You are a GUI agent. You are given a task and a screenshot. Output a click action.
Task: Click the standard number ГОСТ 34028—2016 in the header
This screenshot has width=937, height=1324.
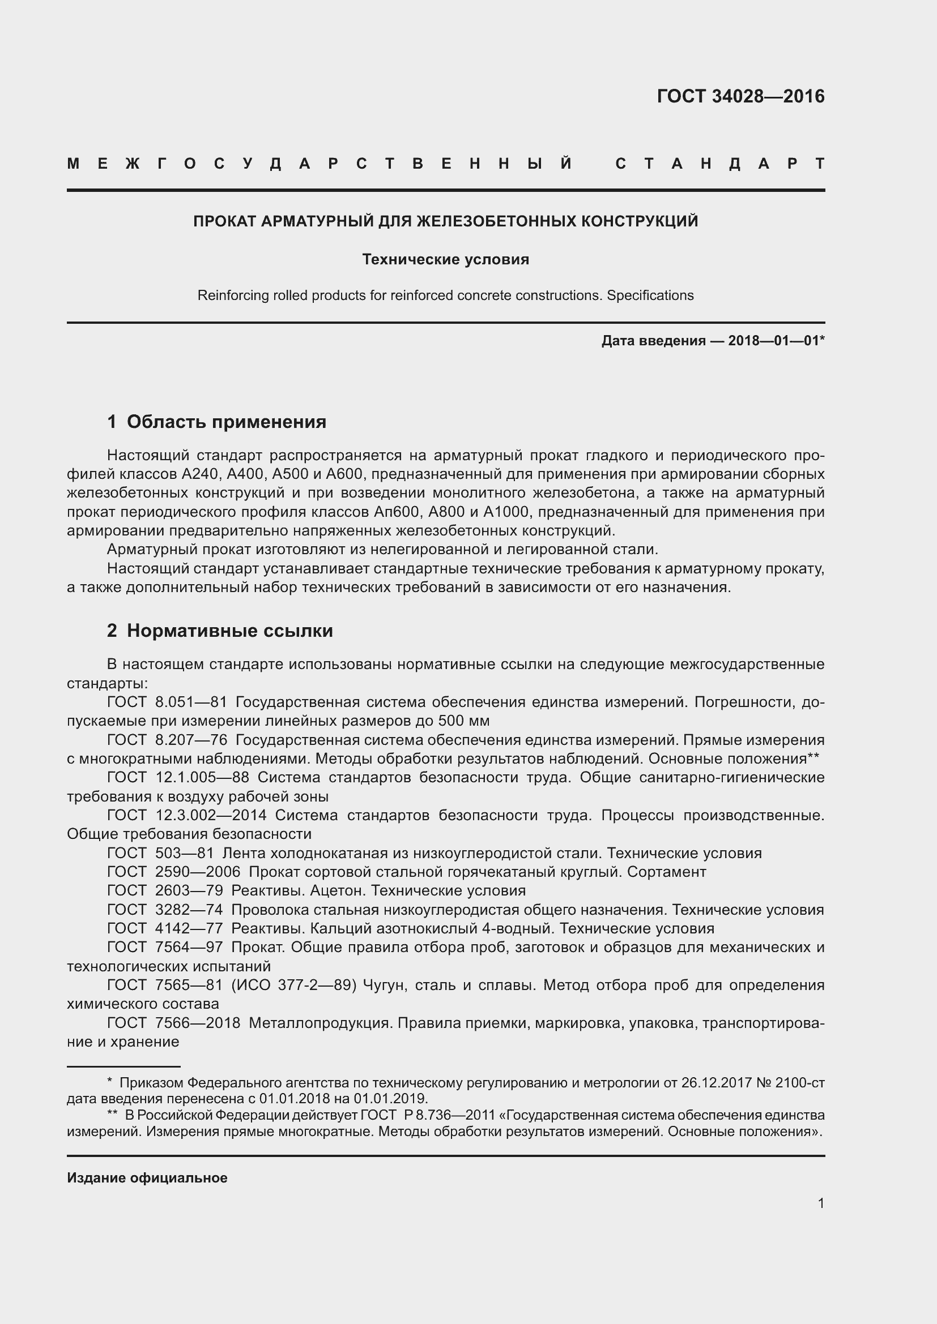(x=740, y=96)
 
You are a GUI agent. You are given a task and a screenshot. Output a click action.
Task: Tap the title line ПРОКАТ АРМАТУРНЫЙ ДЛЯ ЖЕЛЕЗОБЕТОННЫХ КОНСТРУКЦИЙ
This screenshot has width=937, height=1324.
(x=445, y=221)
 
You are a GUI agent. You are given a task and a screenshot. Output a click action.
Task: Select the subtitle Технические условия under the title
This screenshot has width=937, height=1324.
(x=445, y=259)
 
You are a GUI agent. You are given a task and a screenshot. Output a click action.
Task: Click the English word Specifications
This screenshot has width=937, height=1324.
(x=650, y=296)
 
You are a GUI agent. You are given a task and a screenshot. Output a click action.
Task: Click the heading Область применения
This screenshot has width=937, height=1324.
(x=226, y=422)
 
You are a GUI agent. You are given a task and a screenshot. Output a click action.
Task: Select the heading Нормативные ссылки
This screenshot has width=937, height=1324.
(x=229, y=631)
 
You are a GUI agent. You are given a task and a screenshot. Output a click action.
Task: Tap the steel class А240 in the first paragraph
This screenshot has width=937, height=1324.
(x=200, y=474)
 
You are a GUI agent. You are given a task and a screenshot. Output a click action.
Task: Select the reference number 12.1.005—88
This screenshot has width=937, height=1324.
(x=202, y=777)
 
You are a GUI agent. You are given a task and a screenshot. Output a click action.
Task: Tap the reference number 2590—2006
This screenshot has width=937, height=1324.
(x=197, y=872)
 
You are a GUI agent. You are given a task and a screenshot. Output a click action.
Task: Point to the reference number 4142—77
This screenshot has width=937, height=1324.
(x=189, y=928)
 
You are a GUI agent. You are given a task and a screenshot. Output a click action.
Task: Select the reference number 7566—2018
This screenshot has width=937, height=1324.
(x=197, y=1023)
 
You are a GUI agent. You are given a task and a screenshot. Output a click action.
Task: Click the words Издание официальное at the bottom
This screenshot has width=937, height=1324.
(x=147, y=1178)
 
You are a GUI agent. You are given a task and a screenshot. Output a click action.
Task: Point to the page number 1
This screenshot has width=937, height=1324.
(x=821, y=1203)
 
